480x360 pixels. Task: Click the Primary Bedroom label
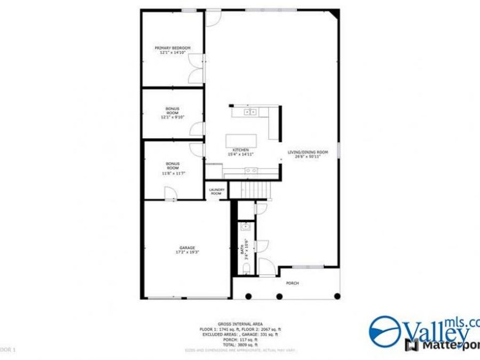coord(172,48)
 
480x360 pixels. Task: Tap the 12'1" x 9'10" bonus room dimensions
coord(172,117)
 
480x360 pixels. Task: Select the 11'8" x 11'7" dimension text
coord(172,173)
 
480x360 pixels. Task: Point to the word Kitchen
coord(241,150)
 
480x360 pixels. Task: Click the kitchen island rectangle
coord(241,141)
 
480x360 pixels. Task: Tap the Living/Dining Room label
coord(308,152)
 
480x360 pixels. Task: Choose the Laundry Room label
coord(217,191)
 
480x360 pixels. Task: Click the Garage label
coord(187,247)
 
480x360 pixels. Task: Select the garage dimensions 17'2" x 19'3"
coord(187,252)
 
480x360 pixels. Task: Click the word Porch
coord(292,283)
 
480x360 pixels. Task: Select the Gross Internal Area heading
coord(232,324)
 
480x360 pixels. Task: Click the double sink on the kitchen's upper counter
coord(250,112)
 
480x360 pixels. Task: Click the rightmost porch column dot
coord(337,295)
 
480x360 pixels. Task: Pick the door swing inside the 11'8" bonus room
coord(169,195)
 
